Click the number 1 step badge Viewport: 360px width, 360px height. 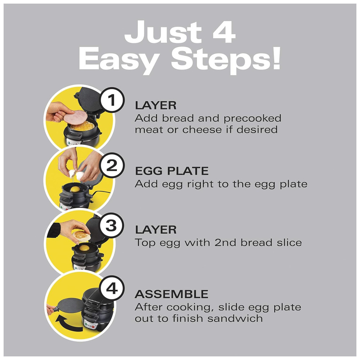[x=112, y=100]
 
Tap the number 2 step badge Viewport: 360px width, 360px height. [x=112, y=165]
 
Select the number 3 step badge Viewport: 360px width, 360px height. [x=112, y=225]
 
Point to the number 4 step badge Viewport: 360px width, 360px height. [x=112, y=288]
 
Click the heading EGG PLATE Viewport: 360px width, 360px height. [x=172, y=171]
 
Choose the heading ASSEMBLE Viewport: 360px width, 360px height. [x=171, y=294]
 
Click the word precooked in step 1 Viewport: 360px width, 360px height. [x=252, y=118]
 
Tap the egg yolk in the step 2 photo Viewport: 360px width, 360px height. [x=75, y=189]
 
